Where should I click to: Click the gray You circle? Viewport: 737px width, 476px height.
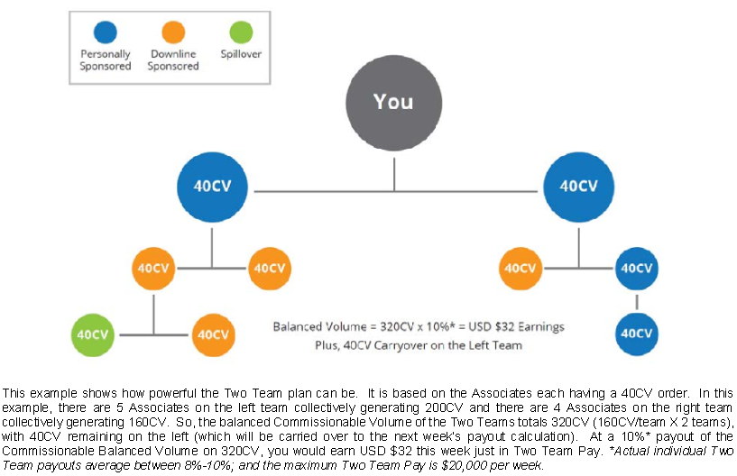click(x=394, y=103)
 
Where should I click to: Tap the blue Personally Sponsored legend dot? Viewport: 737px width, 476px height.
click(x=106, y=32)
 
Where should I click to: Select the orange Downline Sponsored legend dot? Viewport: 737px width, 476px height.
click(x=173, y=32)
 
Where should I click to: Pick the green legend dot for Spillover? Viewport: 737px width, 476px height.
click(x=241, y=32)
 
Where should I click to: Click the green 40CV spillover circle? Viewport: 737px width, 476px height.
click(x=93, y=334)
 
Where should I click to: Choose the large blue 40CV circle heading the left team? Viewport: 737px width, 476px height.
click(x=213, y=187)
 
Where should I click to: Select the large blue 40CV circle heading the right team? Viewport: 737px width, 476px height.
click(x=578, y=187)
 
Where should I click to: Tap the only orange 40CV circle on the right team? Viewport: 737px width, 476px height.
click(x=521, y=269)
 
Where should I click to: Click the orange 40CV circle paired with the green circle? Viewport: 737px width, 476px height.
click(x=214, y=334)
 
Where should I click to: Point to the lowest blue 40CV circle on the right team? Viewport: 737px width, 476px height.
click(x=637, y=334)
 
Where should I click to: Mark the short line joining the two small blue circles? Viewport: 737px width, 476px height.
click(x=637, y=302)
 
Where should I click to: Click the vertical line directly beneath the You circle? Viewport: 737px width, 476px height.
click(x=394, y=174)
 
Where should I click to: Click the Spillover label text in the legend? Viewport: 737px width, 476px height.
click(x=241, y=54)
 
